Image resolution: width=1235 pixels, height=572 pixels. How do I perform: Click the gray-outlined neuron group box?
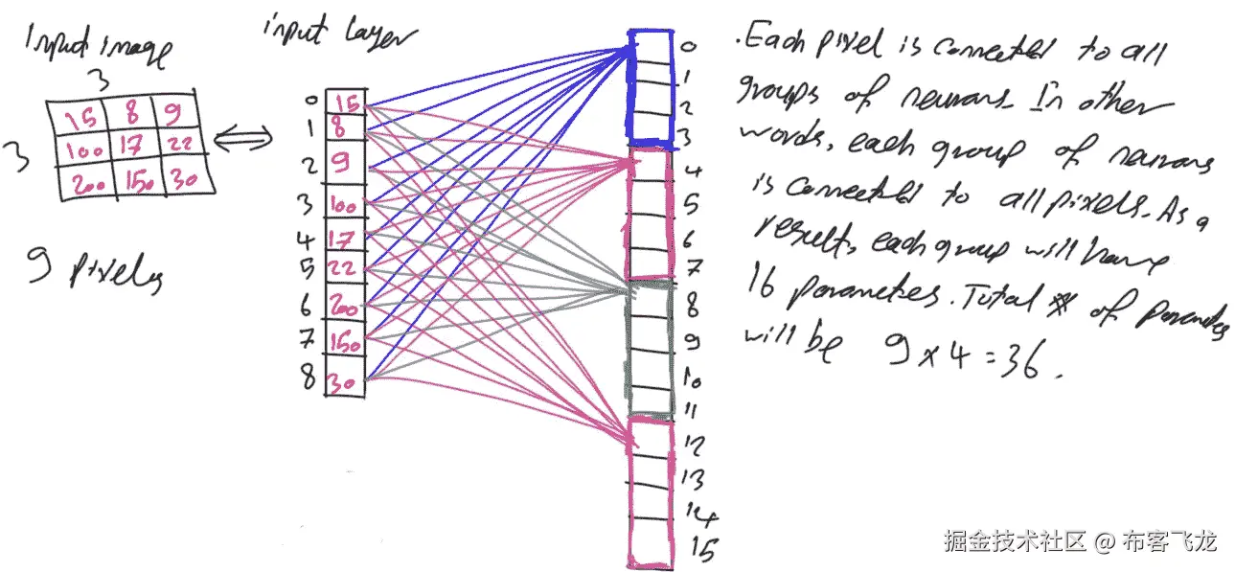[652, 350]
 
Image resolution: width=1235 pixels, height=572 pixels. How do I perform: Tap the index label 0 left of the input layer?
[308, 100]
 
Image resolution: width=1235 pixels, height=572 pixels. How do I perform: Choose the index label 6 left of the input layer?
[306, 305]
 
